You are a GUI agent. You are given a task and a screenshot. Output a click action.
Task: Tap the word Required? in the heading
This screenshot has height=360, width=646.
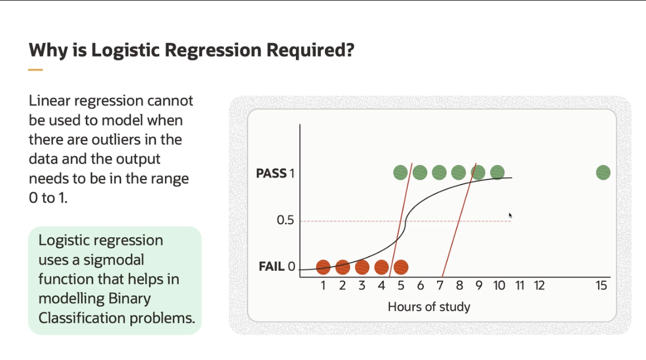click(310, 50)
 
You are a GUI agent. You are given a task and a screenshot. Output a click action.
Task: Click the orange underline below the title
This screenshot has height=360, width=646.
click(35, 70)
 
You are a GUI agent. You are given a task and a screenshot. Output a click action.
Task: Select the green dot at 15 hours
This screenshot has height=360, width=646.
click(603, 172)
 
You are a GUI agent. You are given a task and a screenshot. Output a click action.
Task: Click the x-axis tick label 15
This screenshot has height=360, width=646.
click(601, 285)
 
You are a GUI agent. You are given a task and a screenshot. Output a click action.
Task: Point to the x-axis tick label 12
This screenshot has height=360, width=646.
click(539, 285)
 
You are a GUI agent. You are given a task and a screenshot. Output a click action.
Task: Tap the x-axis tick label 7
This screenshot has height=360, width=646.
click(440, 285)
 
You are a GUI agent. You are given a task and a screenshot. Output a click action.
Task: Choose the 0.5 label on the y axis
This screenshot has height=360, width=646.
click(285, 220)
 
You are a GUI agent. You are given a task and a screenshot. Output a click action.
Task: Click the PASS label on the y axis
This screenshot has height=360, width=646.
click(271, 174)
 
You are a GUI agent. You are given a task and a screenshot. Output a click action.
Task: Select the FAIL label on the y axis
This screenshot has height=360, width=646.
click(271, 266)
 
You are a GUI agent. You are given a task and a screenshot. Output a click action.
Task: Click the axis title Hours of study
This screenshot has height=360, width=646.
click(429, 307)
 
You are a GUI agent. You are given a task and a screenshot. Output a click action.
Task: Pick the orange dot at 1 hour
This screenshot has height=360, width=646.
click(323, 267)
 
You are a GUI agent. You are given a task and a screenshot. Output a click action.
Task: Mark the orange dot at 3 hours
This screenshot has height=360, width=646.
click(362, 267)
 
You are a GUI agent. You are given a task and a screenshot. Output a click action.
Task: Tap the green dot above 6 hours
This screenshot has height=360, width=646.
click(420, 172)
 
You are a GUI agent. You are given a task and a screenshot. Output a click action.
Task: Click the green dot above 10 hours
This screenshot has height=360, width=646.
click(497, 172)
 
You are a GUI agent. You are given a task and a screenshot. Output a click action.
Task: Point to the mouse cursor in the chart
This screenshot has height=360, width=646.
click(510, 215)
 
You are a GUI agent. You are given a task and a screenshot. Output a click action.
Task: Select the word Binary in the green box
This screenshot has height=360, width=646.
click(129, 299)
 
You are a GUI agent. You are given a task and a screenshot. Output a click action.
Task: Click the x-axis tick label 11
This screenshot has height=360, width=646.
click(519, 285)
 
